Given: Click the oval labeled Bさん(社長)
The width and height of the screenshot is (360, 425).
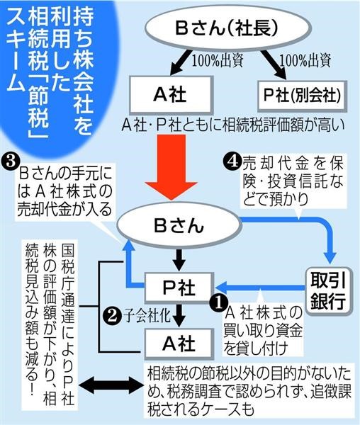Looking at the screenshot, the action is click(228, 28).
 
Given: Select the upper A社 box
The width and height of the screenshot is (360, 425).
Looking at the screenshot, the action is click(170, 95).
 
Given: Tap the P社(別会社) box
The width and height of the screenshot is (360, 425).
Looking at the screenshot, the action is click(302, 96).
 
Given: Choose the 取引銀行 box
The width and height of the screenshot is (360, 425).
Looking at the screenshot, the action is click(328, 291).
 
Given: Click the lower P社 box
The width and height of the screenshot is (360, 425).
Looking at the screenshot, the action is click(179, 288).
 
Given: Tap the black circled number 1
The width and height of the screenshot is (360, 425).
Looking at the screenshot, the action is click(219, 302).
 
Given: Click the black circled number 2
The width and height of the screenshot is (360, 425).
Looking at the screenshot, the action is click(111, 316).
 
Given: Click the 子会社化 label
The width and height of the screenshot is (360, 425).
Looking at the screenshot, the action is click(147, 315).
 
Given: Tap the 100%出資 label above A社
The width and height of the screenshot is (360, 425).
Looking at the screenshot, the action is click(217, 61).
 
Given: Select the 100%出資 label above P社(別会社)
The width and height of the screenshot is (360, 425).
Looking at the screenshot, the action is click(305, 61).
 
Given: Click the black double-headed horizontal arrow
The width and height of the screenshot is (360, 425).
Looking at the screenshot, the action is click(112, 385).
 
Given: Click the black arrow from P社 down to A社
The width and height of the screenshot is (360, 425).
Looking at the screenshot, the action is click(179, 315).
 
